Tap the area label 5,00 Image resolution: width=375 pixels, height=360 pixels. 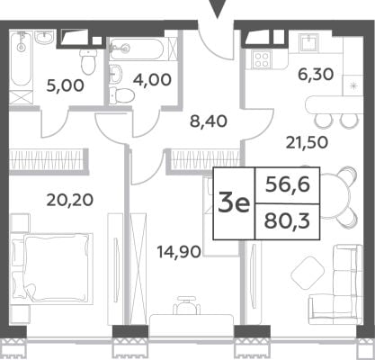pyautogui.click(x=65, y=86)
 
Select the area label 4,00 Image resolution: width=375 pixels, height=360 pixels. pyautogui.click(x=153, y=80)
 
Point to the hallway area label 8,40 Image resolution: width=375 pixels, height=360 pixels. pyautogui.click(x=209, y=121)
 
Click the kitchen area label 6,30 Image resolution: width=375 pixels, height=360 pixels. pyautogui.click(x=316, y=75)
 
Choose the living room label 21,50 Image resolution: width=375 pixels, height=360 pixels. pyautogui.click(x=307, y=143)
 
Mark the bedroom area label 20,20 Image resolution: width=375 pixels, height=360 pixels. pyautogui.click(x=70, y=200)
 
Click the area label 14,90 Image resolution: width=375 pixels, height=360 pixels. pyautogui.click(x=179, y=252)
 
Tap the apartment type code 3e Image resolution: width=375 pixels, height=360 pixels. pyautogui.click(x=234, y=204)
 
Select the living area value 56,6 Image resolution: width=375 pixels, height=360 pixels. pyautogui.click(x=288, y=185)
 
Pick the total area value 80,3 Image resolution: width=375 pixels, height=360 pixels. pyautogui.click(x=287, y=221)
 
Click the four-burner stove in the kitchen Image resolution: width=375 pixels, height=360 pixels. pyautogui.click(x=262, y=58)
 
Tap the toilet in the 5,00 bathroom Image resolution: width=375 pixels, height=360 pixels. pyautogui.click(x=88, y=61)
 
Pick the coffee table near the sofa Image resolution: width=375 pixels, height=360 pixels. pyautogui.click(x=308, y=273)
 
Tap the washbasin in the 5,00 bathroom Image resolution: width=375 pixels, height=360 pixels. pyautogui.click(x=45, y=38)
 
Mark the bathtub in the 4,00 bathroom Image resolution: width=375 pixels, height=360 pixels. pyautogui.click(x=137, y=49)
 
